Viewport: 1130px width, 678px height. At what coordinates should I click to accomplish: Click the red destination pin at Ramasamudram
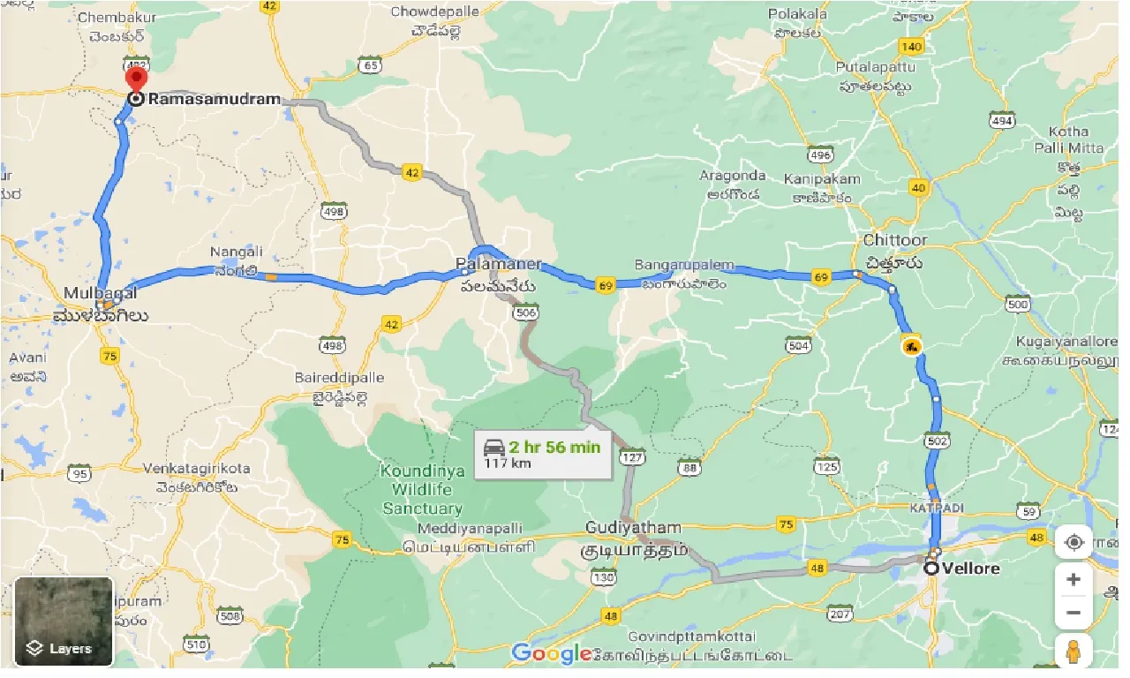(x=137, y=79)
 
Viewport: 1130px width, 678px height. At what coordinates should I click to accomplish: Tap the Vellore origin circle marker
(x=931, y=568)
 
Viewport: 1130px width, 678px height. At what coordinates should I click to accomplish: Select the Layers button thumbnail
(x=64, y=621)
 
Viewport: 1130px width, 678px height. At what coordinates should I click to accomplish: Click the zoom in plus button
(x=1073, y=579)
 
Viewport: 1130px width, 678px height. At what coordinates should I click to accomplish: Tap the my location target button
(x=1073, y=542)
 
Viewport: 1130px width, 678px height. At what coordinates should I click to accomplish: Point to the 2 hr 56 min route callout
(x=542, y=454)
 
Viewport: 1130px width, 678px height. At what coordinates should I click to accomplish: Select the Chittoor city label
(x=894, y=241)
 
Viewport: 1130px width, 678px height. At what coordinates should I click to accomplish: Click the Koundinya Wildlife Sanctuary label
(x=422, y=489)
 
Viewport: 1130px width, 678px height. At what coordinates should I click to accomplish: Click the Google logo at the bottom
(x=551, y=653)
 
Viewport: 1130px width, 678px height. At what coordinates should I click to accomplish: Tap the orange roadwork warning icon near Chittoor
(x=911, y=346)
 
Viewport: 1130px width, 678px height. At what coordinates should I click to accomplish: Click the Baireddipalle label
(x=340, y=378)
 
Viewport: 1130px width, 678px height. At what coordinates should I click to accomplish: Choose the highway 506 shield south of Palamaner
(x=525, y=311)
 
